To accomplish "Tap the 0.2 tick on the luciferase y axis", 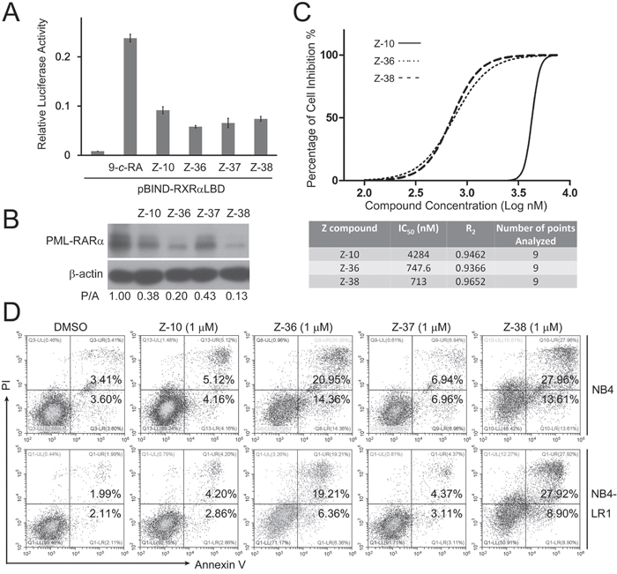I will click(66, 56).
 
